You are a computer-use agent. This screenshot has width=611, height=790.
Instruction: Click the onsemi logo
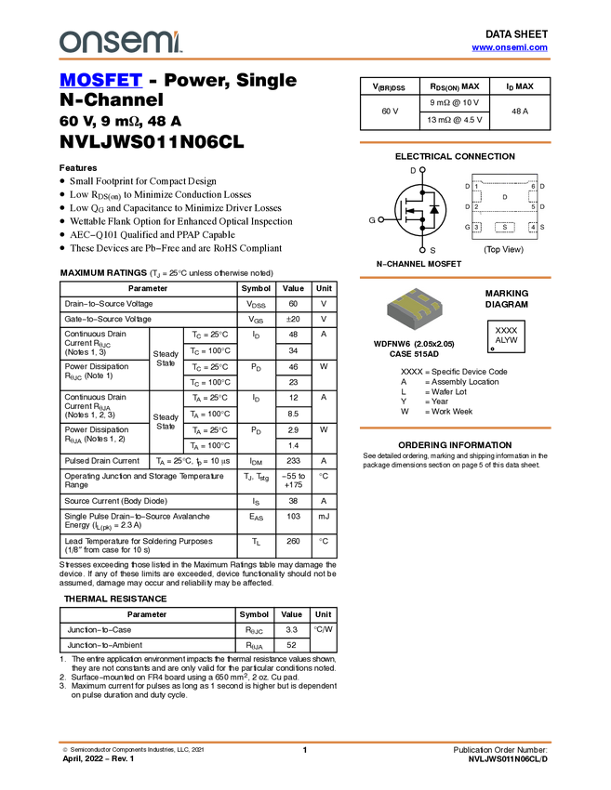point(120,41)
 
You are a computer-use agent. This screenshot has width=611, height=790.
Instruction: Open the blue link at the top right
point(510,47)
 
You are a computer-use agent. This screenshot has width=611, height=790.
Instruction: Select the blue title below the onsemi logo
point(100,81)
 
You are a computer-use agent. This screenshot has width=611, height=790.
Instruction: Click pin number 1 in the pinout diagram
point(476,187)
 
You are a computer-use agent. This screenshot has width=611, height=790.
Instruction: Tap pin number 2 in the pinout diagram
point(476,206)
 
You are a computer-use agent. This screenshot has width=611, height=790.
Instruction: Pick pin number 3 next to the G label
point(476,227)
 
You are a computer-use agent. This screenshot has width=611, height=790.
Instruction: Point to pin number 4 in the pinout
point(533,227)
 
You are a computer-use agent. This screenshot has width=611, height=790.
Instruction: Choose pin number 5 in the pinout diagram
point(533,206)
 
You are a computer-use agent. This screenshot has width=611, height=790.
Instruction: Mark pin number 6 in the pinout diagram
point(533,187)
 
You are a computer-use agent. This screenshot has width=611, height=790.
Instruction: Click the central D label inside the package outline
point(505,197)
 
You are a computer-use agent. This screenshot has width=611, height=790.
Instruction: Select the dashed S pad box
point(505,227)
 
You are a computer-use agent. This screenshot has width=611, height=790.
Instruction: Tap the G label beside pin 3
point(467,227)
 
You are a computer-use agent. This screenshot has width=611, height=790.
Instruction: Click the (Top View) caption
point(503,249)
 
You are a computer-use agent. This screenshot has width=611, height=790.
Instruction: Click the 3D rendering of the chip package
point(415,309)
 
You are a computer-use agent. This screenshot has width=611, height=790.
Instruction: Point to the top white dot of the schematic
point(422,169)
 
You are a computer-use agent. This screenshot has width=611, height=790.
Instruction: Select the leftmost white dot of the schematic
point(381,219)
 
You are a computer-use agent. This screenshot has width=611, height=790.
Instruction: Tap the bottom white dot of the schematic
point(422,250)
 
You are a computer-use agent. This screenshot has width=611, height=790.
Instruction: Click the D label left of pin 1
point(467,187)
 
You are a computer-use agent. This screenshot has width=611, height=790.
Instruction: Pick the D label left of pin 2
point(467,206)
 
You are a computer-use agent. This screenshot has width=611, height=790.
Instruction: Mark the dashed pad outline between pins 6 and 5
point(533,196)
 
